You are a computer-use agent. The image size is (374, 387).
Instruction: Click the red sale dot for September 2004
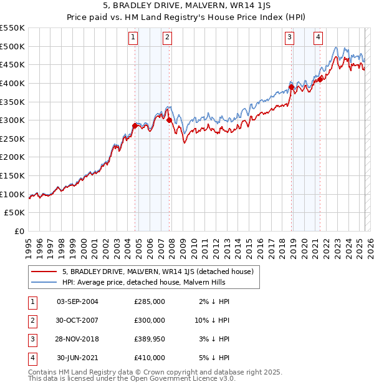135,125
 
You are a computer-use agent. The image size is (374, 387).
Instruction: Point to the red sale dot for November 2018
291,87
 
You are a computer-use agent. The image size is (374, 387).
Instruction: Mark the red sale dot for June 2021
320,79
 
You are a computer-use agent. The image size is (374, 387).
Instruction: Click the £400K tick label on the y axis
12,83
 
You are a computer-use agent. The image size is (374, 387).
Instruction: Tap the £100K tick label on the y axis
12,194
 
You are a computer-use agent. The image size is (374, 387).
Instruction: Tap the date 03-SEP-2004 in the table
77,301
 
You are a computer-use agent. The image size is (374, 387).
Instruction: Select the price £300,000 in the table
150,320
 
